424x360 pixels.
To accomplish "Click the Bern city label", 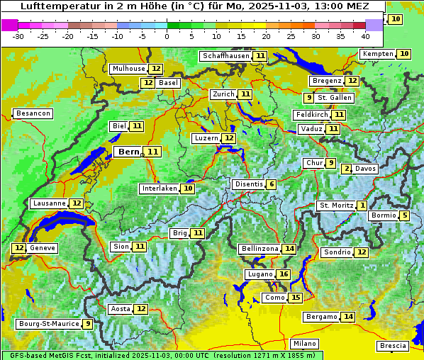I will click(129, 152).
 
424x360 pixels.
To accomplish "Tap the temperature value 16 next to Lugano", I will click(284, 274).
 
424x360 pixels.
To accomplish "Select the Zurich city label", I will click(223, 94).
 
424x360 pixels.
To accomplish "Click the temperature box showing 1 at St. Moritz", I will click(362, 206).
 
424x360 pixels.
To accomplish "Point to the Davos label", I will click(365, 169).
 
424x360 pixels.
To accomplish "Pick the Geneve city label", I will click(43, 248).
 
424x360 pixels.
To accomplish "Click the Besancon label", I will click(33, 113).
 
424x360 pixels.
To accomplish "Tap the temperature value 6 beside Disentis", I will click(272, 184).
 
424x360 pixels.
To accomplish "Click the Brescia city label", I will click(393, 346).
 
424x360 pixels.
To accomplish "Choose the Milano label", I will click(305, 343).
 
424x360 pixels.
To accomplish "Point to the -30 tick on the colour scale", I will click(18, 35).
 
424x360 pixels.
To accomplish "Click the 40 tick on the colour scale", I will click(365, 35).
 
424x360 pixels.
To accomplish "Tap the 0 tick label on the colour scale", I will click(167, 35).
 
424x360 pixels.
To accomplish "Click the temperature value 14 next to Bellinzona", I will click(289, 249).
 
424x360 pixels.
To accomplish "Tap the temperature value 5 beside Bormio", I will click(404, 215).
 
